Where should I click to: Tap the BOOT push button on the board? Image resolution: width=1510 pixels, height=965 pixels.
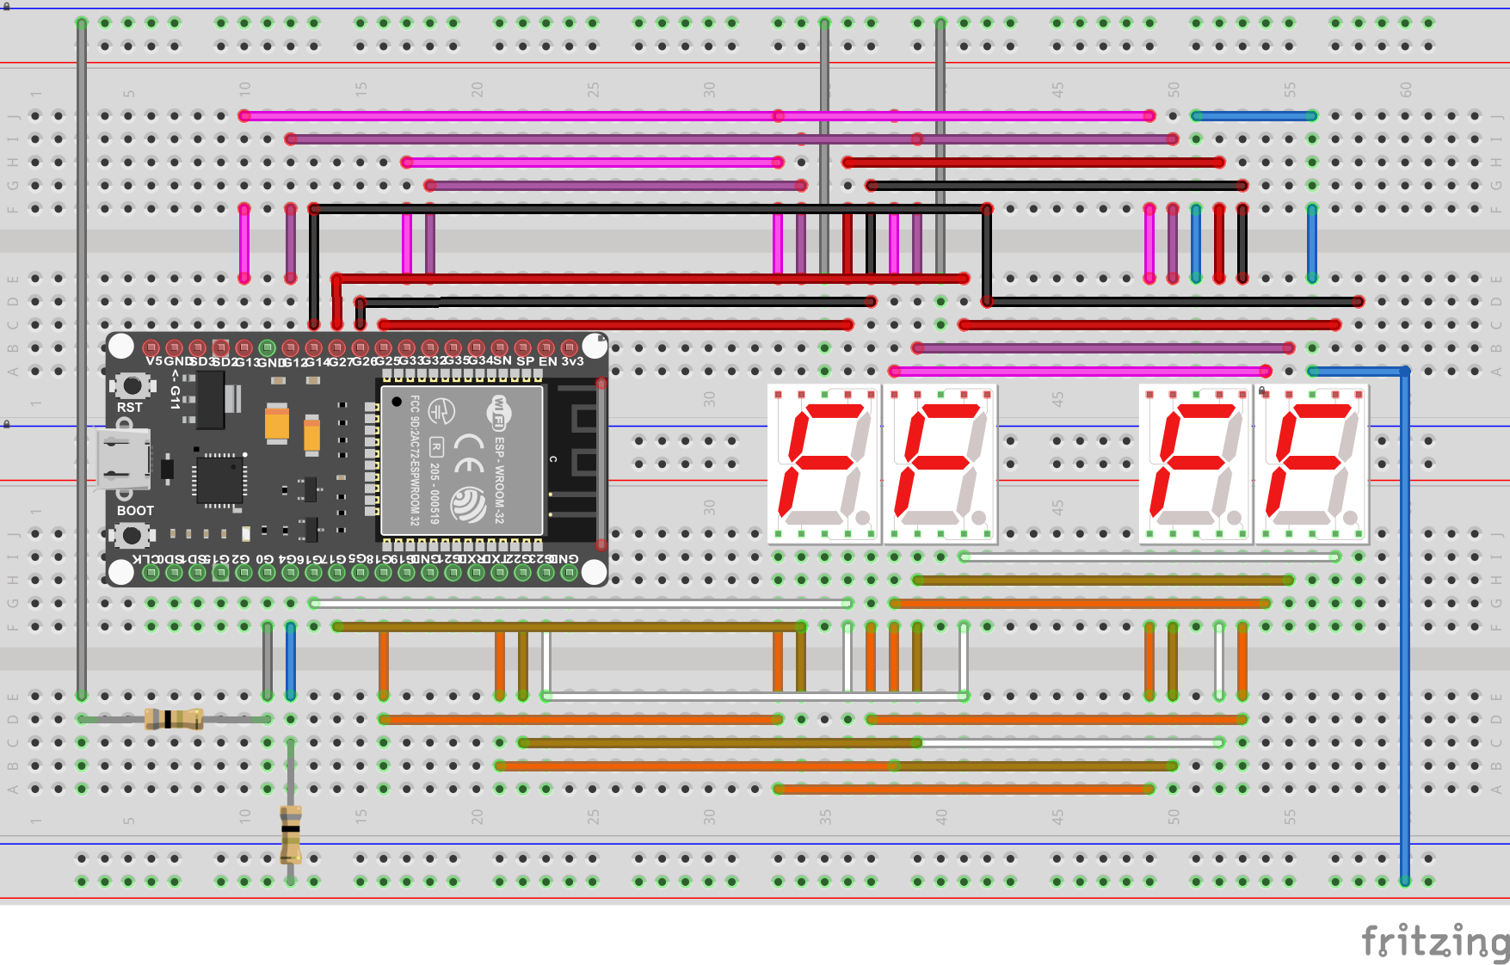tap(132, 535)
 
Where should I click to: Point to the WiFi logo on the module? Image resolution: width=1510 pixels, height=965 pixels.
tap(498, 414)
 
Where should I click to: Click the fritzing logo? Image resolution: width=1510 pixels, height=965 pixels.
tap(1433, 941)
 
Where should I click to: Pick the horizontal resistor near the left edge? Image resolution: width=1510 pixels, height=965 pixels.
tap(174, 719)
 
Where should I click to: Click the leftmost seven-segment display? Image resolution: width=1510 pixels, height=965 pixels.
tap(824, 464)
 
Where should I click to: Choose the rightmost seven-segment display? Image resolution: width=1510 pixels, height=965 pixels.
tap(1311, 464)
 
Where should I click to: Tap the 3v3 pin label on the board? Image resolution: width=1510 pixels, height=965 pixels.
tap(573, 361)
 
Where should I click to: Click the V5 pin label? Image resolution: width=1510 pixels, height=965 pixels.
tap(154, 361)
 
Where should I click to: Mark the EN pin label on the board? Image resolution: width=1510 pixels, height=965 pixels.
tap(547, 361)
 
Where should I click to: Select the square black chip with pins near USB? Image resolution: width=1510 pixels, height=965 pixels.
tap(219, 478)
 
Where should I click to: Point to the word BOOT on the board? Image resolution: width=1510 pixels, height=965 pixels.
tap(135, 511)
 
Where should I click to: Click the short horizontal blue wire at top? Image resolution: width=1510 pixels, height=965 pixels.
tap(1254, 115)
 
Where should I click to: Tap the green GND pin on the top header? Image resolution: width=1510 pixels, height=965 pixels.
tap(267, 348)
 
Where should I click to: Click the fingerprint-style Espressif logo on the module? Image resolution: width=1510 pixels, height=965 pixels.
tap(469, 504)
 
